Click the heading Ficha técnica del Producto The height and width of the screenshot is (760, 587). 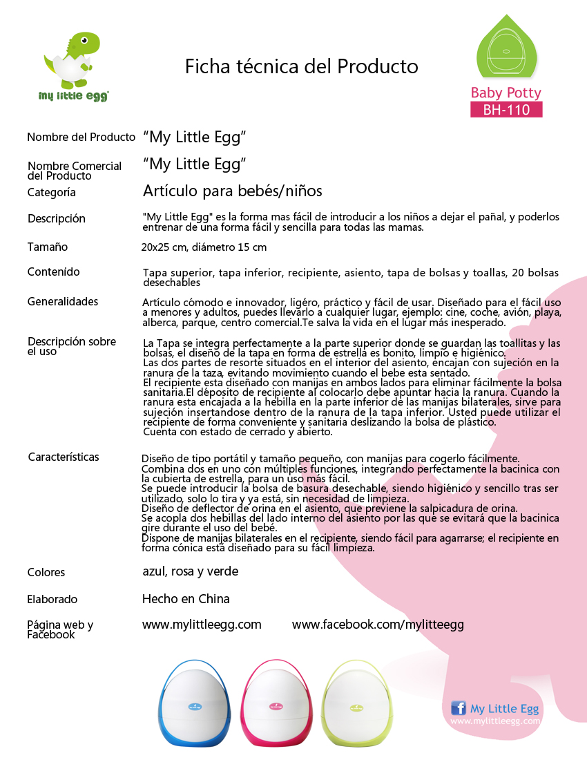click(x=302, y=67)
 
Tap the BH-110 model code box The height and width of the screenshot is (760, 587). click(x=506, y=109)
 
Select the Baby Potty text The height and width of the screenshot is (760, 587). click(x=506, y=93)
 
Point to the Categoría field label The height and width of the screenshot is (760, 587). click(x=52, y=192)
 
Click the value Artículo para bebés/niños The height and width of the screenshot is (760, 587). click(x=232, y=191)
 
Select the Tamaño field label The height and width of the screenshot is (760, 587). click(x=48, y=247)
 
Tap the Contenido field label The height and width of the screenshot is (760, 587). click(x=54, y=272)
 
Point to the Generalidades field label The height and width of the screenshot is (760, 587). click(x=63, y=301)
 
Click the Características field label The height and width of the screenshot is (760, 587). click(x=64, y=457)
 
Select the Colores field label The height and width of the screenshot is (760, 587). click(x=46, y=572)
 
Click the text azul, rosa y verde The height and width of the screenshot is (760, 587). click(x=190, y=571)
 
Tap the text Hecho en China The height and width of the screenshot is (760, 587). click(x=186, y=599)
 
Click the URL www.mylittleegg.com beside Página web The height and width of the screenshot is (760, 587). click(x=202, y=625)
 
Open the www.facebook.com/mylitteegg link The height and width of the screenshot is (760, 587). click(x=378, y=625)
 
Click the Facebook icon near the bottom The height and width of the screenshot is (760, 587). click(x=458, y=708)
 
